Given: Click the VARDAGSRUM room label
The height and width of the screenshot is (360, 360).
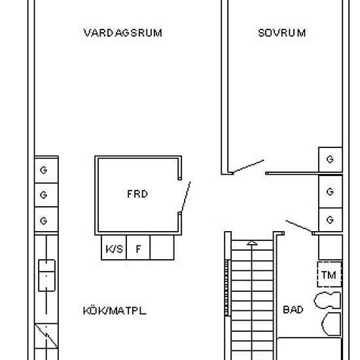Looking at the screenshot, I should coord(123,33).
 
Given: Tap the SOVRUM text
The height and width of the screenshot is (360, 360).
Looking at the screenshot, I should coord(281,33).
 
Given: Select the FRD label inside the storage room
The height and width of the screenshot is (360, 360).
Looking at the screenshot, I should coord(137,194).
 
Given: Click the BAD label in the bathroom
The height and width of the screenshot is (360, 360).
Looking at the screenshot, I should coord(293,310).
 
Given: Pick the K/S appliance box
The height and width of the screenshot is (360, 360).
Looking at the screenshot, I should coord(115,249).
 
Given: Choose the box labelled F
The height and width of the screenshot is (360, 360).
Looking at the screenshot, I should coord(138,249).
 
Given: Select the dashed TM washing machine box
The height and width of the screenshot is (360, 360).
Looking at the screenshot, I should coord(329,275).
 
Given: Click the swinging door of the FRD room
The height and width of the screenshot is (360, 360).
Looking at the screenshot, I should coord(185,196).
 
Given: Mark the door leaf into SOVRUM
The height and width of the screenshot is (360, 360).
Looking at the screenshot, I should coord(249,166).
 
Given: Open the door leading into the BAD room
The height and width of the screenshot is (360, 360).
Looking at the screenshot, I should coord(300,226).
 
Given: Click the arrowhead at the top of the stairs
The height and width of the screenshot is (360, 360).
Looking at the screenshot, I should coord(251,243).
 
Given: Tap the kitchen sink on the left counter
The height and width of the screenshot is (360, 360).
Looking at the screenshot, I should coord(47,276).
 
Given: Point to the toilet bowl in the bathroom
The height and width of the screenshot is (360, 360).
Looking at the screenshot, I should coord(331,324).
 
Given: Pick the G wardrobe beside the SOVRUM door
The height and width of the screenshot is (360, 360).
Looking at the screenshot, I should coord(330,159).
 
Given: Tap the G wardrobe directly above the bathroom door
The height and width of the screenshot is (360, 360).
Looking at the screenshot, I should coord(330,219).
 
